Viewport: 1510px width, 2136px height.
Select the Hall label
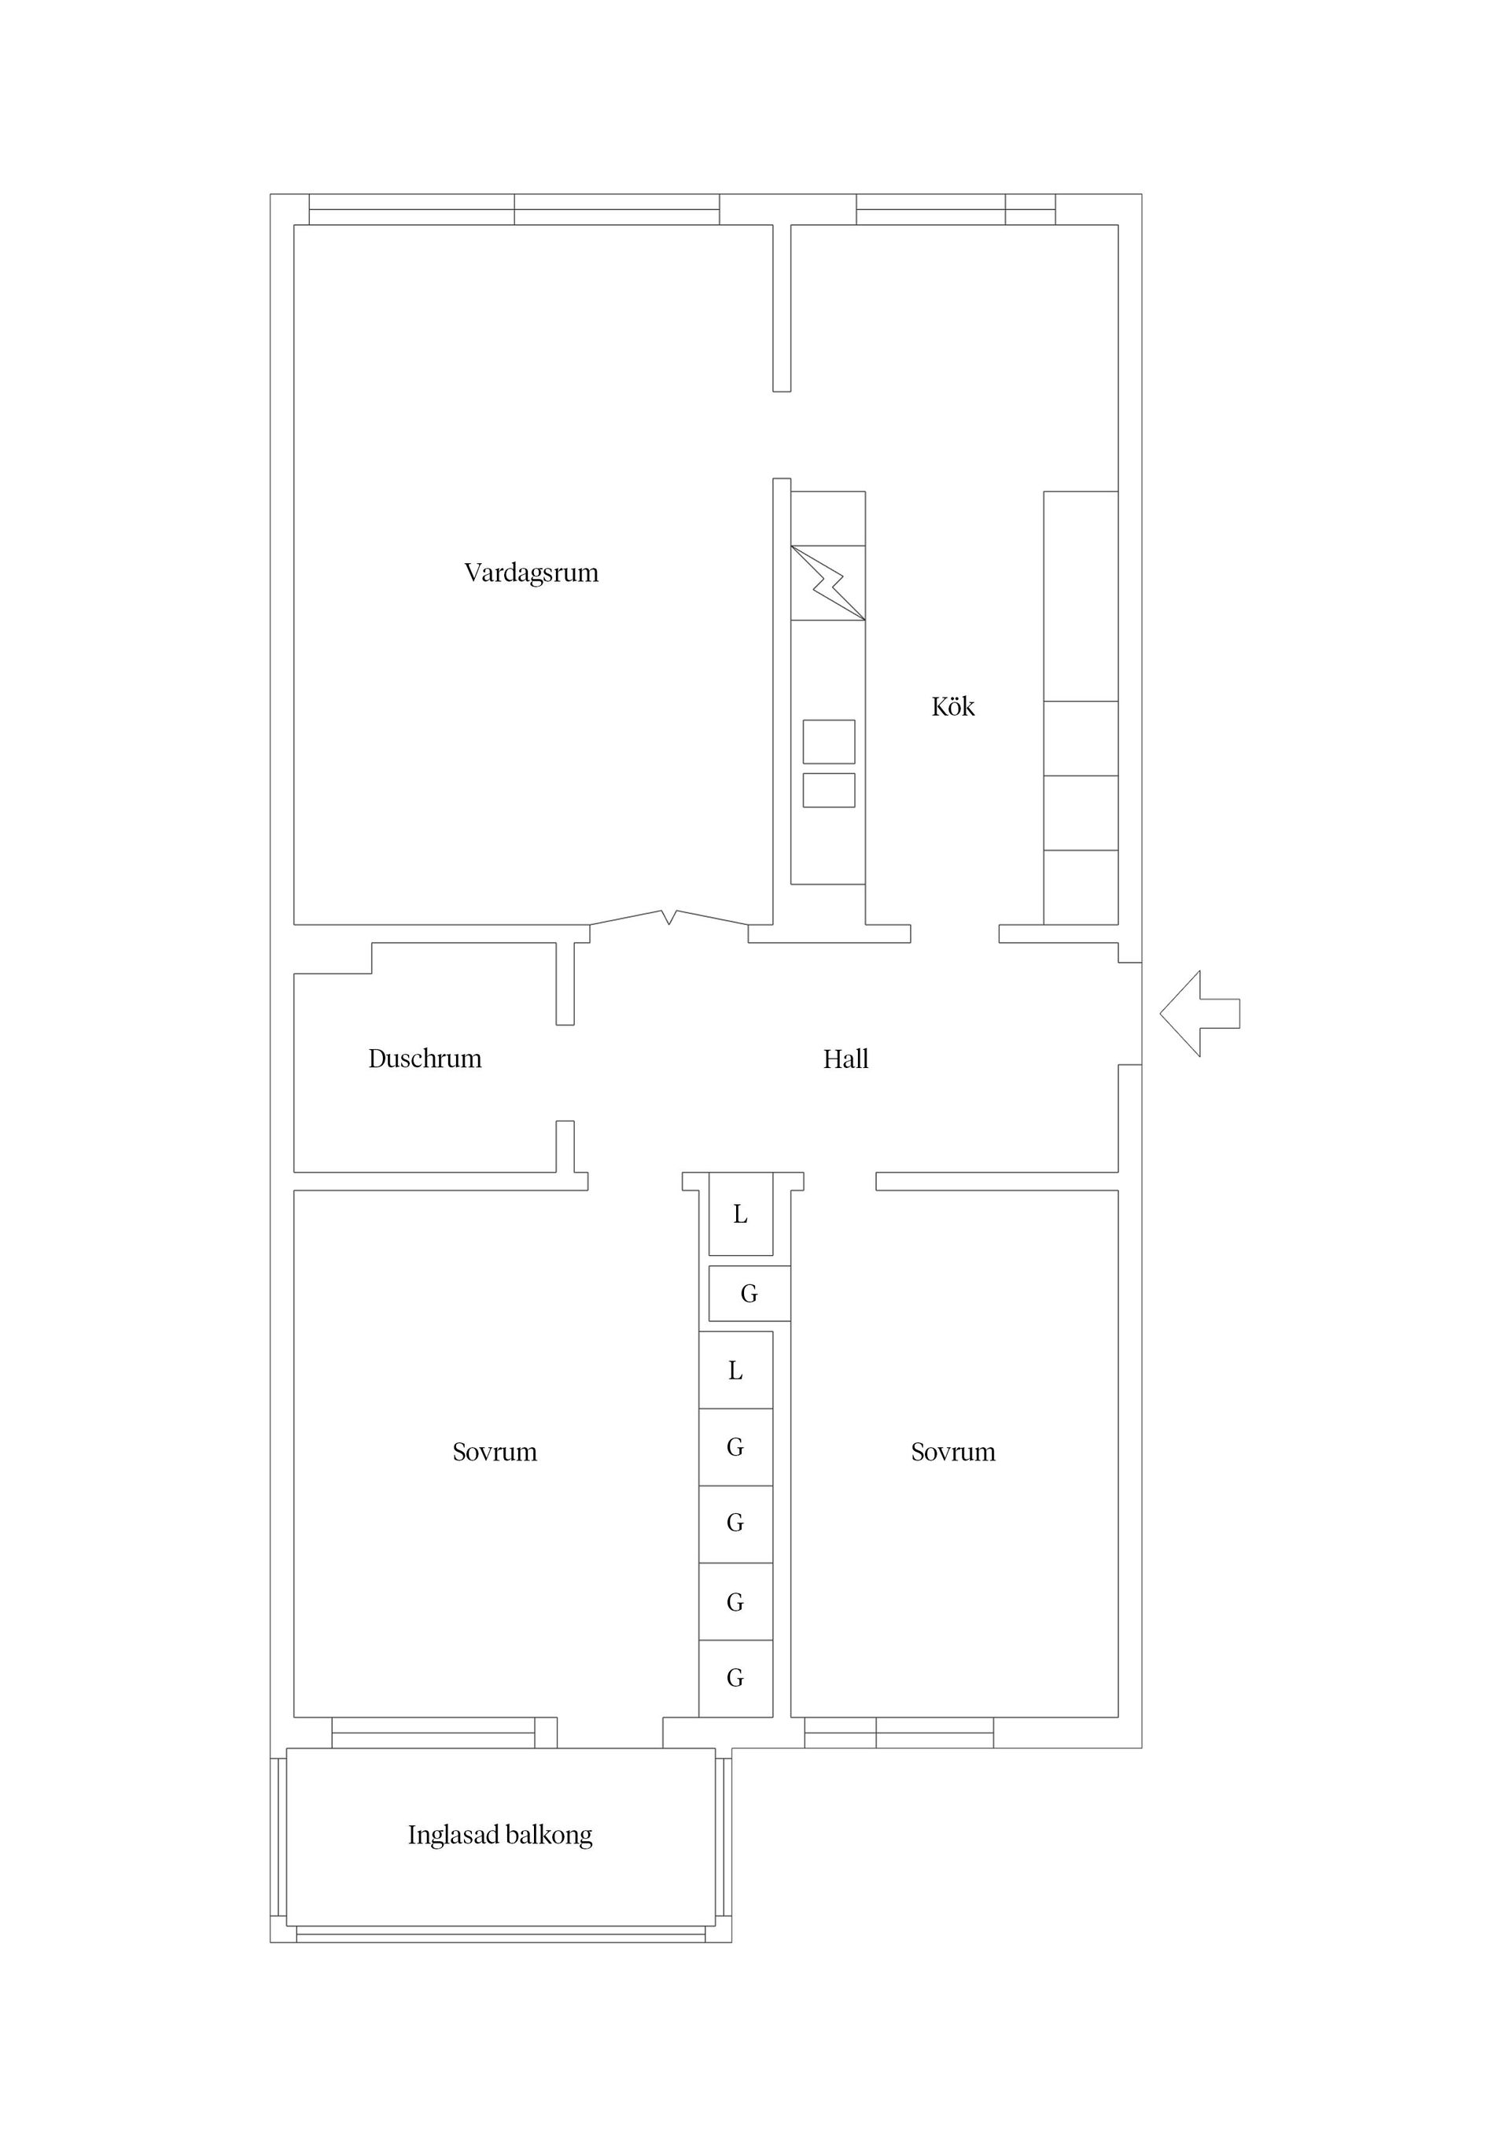coord(845,1059)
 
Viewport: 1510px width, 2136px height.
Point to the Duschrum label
coord(425,1059)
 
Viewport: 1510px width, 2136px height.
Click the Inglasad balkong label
coord(500,1835)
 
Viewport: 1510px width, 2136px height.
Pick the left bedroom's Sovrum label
coord(495,1453)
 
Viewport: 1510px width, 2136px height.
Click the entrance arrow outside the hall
coord(1199,1013)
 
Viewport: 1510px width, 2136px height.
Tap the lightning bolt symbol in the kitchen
coord(828,583)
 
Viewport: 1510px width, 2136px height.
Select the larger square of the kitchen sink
coord(829,742)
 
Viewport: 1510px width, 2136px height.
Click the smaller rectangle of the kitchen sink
coord(829,790)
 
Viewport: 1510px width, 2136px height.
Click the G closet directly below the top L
coord(749,1293)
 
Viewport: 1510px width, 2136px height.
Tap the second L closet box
coord(736,1370)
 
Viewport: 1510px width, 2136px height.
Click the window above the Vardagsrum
coord(514,209)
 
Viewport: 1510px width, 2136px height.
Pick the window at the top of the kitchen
coord(956,209)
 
